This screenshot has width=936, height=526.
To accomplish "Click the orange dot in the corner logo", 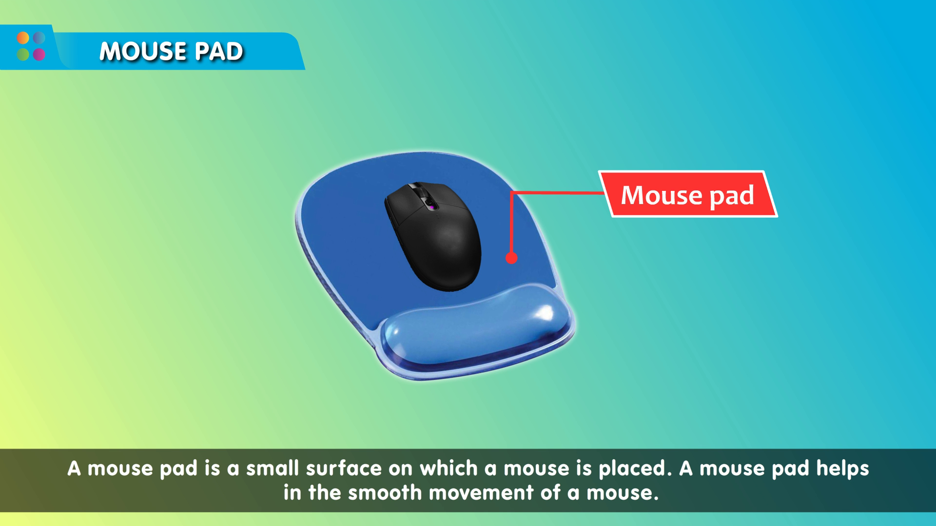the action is pyautogui.click(x=23, y=38).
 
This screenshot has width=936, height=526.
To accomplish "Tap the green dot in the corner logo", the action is pyautogui.click(x=23, y=54).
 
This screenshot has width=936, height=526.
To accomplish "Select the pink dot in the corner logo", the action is pyautogui.click(x=39, y=54).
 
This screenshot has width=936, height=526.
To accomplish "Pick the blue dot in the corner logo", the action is pyautogui.click(x=39, y=38).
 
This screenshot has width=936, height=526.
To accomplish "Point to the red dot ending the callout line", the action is pyautogui.click(x=511, y=258).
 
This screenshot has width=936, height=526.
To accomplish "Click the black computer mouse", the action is pyautogui.click(x=433, y=237).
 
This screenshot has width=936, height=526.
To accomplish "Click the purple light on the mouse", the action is pyautogui.click(x=431, y=207).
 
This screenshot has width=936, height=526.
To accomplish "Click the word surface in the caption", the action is pyautogui.click(x=344, y=469).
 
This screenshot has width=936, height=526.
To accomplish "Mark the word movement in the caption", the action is pyautogui.click(x=481, y=493).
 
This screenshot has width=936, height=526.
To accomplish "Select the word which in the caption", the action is pyautogui.click(x=448, y=468).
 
